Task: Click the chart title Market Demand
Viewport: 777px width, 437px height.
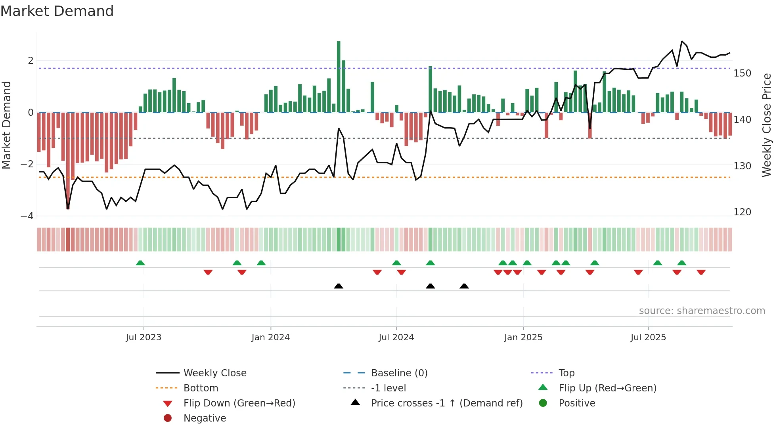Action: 57,11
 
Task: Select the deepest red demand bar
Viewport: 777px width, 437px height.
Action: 68,161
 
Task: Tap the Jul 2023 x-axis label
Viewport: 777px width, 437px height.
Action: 144,337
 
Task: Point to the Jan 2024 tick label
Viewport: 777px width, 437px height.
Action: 270,337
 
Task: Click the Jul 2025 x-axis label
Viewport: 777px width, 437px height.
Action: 648,337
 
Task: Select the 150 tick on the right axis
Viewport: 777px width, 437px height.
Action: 742,73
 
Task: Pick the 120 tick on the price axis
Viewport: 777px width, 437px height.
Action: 742,212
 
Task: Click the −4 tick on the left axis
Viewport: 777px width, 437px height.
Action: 27,216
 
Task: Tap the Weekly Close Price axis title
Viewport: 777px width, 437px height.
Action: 767,125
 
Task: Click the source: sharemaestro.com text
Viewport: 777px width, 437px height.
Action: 702,311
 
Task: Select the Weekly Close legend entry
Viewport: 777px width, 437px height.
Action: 214,373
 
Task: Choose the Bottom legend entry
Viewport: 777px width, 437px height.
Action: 201,388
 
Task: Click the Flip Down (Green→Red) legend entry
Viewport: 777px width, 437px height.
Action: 239,403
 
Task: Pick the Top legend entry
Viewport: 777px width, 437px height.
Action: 566,373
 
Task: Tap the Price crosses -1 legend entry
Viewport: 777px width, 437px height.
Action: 446,403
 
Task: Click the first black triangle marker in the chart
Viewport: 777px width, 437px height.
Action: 339,286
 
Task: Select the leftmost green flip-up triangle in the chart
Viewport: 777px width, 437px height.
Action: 140,263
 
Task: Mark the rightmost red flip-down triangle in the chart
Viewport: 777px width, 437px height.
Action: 701,272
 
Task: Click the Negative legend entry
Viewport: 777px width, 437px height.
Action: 205,418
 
